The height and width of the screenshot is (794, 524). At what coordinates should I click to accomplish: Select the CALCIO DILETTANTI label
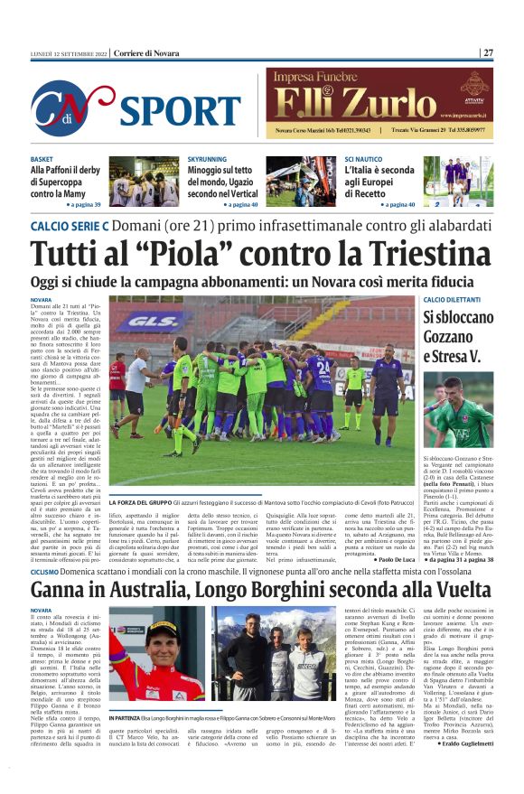coord(457,299)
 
